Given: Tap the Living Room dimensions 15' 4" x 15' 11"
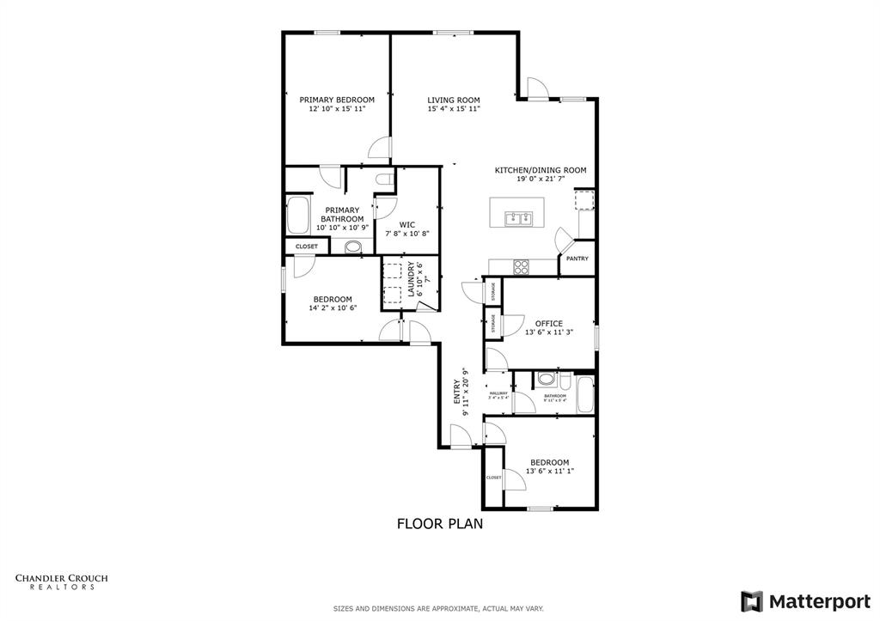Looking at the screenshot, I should pyautogui.click(x=454, y=110).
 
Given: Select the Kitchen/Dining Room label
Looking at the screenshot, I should pyautogui.click(x=540, y=170).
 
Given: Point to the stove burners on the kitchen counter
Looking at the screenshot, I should pyautogui.click(x=522, y=265).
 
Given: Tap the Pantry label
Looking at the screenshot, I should pyautogui.click(x=577, y=258).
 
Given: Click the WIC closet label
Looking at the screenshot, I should pyautogui.click(x=407, y=225).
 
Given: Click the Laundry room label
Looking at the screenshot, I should pyautogui.click(x=412, y=279).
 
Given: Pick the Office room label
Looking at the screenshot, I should pyautogui.click(x=549, y=324).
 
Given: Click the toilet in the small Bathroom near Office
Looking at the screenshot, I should pyautogui.click(x=546, y=380).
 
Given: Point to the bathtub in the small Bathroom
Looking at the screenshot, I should pyautogui.click(x=584, y=393).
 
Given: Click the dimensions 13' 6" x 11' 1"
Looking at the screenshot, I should pyautogui.click(x=549, y=471).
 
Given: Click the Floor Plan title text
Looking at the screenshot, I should pyautogui.click(x=439, y=522).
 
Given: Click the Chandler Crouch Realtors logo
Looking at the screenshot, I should pyautogui.click(x=61, y=581).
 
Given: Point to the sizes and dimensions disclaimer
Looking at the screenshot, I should pyautogui.click(x=439, y=608).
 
